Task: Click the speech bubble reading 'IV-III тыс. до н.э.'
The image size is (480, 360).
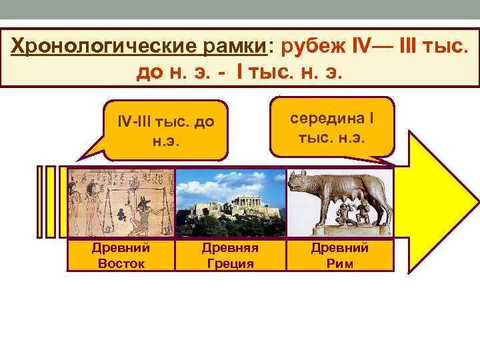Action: coord(167,131)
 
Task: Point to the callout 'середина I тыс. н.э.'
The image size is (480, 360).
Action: coord(333,127)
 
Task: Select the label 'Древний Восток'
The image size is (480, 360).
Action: coord(120,255)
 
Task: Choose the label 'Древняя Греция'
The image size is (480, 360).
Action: coord(230,255)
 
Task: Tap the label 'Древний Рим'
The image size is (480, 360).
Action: coord(340,255)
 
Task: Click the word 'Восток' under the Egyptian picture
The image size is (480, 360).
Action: coord(120,263)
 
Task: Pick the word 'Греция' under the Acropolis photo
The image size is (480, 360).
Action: coord(230,263)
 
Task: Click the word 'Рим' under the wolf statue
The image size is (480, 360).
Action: coord(340,263)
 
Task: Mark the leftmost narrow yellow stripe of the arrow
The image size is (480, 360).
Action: coord(41,200)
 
